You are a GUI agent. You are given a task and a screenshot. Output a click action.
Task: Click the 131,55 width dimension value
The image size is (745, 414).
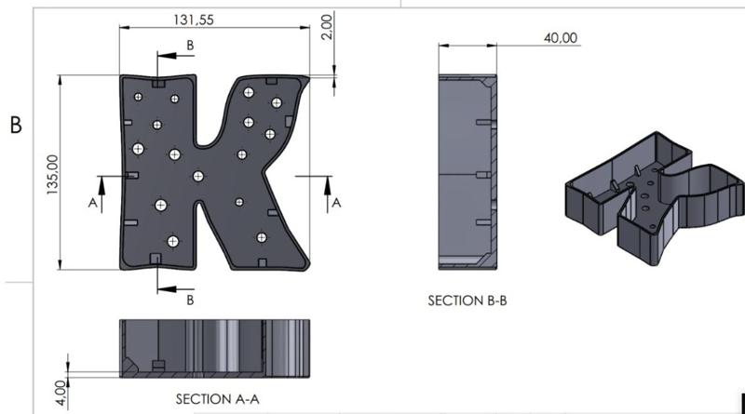point(194,20)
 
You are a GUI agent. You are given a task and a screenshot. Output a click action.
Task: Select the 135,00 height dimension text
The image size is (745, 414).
point(52,174)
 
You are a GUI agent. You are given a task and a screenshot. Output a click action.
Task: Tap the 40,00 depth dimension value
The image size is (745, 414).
point(561,38)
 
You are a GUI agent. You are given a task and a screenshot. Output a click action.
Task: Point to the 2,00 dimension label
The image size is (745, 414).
point(327,27)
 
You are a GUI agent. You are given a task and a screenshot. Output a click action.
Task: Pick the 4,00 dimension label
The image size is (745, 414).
point(61,393)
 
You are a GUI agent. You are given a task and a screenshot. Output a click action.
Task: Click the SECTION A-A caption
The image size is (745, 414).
point(218,399)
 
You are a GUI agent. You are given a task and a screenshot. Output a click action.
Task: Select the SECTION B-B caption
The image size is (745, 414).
point(467,300)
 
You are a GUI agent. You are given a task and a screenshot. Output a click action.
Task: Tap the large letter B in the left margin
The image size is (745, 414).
point(16,126)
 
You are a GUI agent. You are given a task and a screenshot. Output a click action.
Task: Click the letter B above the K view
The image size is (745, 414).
point(190,45)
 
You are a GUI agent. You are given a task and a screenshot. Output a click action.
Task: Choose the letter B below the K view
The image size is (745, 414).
point(190,300)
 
